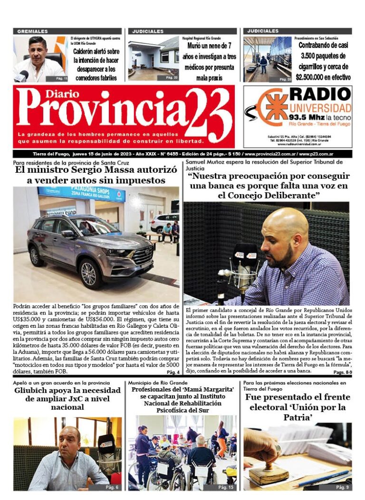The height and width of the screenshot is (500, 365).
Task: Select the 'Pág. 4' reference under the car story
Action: click(x=173, y=372)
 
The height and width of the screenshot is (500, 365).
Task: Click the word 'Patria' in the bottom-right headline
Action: click(x=298, y=418)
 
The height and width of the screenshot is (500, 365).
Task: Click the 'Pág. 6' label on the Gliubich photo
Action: click(x=112, y=487)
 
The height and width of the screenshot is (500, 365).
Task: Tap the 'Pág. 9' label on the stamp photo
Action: click(x=342, y=487)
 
